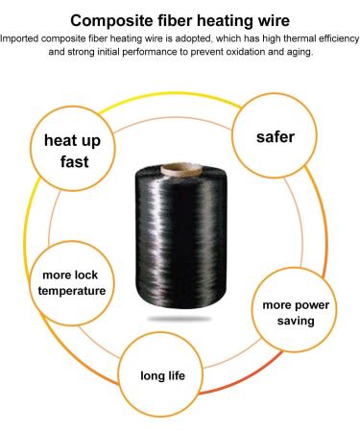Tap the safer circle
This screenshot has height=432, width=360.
[274, 136]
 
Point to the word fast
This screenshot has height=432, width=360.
[72, 162]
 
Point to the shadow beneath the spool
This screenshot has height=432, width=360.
[180, 315]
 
